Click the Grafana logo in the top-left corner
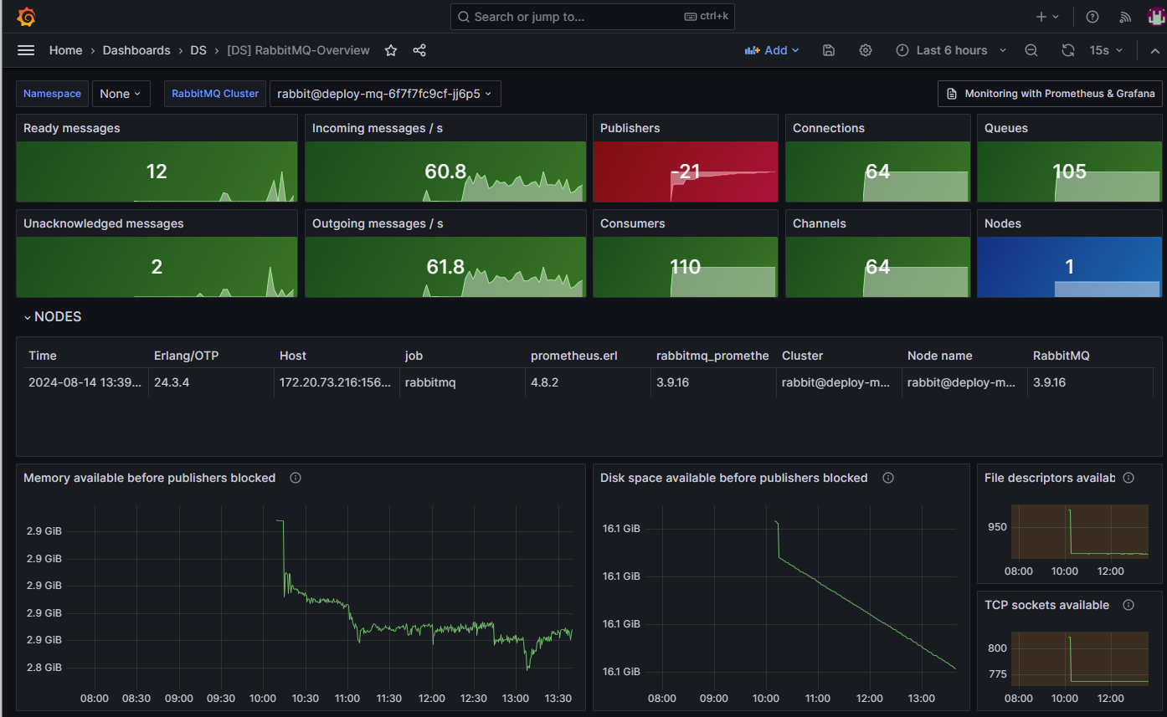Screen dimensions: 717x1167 pyautogui.click(x=26, y=17)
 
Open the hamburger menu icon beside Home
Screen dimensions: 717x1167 pyautogui.click(x=26, y=50)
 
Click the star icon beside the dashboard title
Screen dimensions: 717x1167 pyautogui.click(x=391, y=50)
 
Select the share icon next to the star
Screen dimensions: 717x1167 pyautogui.click(x=419, y=50)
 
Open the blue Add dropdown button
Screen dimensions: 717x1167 pyautogui.click(x=772, y=50)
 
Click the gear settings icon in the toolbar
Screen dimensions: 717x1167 pyautogui.click(x=866, y=50)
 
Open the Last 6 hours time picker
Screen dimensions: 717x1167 pyautogui.click(x=952, y=50)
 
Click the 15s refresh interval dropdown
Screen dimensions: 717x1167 pyautogui.click(x=1105, y=50)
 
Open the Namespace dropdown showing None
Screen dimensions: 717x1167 pyautogui.click(x=121, y=94)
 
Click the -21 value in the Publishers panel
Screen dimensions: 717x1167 pyautogui.click(x=685, y=172)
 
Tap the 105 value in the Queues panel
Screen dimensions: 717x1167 pyautogui.click(x=1069, y=172)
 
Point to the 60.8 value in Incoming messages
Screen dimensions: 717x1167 pyautogui.click(x=445, y=172)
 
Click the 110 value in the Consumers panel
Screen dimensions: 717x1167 pyautogui.click(x=685, y=267)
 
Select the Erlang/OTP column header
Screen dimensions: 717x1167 pyautogui.click(x=187, y=356)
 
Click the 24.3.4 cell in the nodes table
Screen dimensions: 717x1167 pyautogui.click(x=172, y=382)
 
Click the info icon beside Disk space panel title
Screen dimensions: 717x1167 pyautogui.click(x=888, y=478)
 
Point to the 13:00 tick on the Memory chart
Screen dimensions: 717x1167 pyautogui.click(x=516, y=698)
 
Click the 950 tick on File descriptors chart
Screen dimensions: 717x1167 pyautogui.click(x=997, y=527)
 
